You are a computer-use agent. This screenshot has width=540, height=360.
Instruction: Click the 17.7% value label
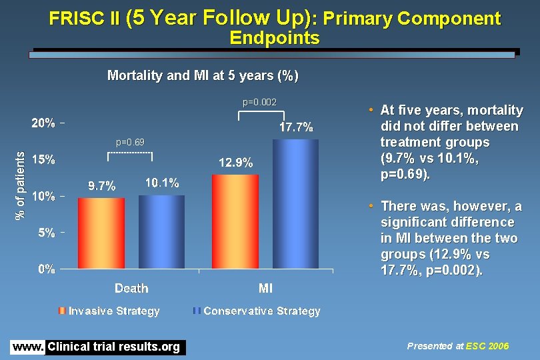pyautogui.click(x=296, y=127)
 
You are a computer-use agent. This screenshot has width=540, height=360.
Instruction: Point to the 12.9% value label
pyautogui.click(x=236, y=163)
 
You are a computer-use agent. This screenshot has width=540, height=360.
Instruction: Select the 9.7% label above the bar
pyautogui.click(x=102, y=187)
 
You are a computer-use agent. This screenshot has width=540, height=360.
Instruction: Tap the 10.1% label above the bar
pyautogui.click(x=162, y=183)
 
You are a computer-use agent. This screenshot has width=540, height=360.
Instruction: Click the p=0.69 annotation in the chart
pyautogui.click(x=130, y=143)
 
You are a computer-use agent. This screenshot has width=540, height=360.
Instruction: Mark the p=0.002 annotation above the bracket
pyautogui.click(x=259, y=102)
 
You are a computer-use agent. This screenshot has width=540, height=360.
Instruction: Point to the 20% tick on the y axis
pyautogui.click(x=43, y=124)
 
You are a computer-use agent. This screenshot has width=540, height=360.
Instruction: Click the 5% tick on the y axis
pyautogui.click(x=46, y=233)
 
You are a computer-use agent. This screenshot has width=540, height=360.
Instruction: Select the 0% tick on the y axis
pyautogui.click(x=46, y=269)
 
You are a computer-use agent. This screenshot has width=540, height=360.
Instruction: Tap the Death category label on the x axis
pyautogui.click(x=131, y=288)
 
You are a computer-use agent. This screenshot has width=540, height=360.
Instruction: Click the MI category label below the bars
pyautogui.click(x=265, y=288)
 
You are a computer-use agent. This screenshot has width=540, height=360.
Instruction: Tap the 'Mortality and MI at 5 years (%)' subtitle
pyautogui.click(x=203, y=75)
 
